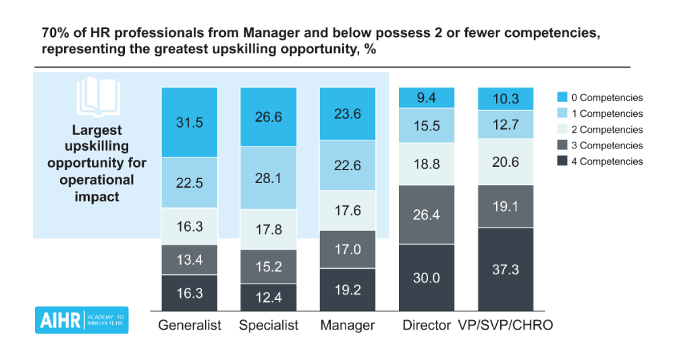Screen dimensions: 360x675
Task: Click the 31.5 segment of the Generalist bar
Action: [190, 122]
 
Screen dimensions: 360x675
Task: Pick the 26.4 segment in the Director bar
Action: [427, 214]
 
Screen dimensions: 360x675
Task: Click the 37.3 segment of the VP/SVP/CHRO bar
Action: [506, 269]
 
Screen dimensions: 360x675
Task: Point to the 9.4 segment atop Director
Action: [427, 98]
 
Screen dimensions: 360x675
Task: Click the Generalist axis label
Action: [190, 325]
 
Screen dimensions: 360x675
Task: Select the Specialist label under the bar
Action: [269, 325]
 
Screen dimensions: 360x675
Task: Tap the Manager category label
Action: [348, 325]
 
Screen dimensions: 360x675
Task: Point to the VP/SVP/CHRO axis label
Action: [506, 325]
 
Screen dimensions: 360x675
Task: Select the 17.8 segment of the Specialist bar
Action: [269, 229]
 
